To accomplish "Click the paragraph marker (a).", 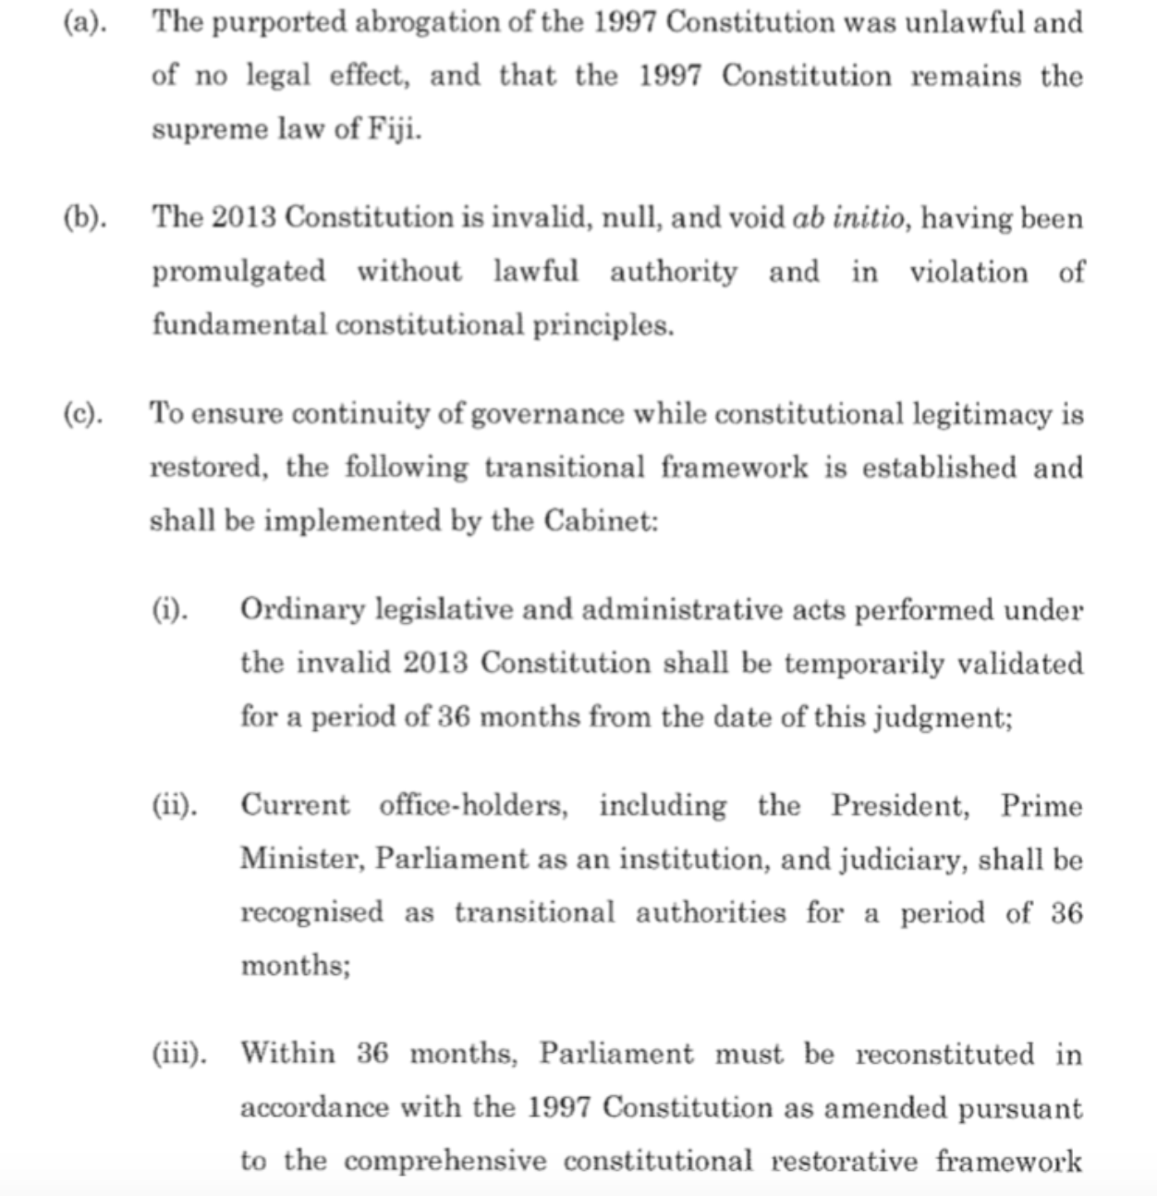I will [x=84, y=22].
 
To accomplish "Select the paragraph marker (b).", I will [x=84, y=218].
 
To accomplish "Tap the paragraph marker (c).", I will [x=83, y=413].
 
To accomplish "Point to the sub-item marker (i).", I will [x=171, y=609].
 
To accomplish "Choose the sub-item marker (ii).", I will [x=175, y=805].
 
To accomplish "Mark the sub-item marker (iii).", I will [x=179, y=1054].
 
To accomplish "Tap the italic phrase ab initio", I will [x=843, y=218].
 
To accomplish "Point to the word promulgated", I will [x=238, y=272].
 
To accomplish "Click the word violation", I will [x=968, y=272].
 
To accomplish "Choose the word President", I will [x=900, y=805].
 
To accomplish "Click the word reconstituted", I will [x=944, y=1054].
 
